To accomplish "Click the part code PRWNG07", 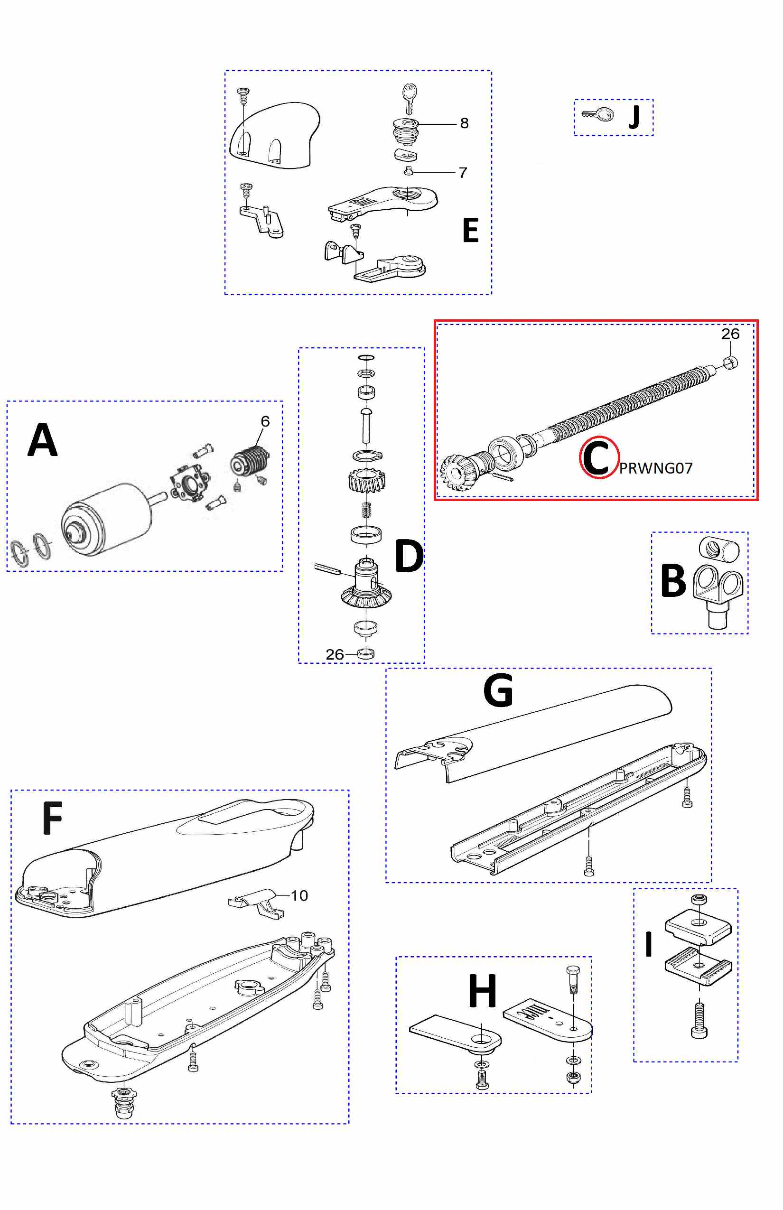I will click(x=655, y=468).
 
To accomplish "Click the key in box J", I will click(x=598, y=114).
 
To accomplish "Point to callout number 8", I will click(x=464, y=123).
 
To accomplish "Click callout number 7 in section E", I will click(x=463, y=173).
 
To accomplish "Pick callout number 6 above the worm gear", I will click(x=265, y=421).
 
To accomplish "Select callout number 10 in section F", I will click(x=299, y=895).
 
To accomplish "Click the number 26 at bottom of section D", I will click(x=335, y=654).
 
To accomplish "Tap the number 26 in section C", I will click(x=730, y=334).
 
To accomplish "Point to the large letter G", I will click(x=498, y=690).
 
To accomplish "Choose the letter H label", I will click(x=482, y=991).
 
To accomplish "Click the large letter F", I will click(x=52, y=818).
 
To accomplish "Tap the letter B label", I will click(x=673, y=581).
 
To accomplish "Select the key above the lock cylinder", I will click(x=409, y=97).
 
